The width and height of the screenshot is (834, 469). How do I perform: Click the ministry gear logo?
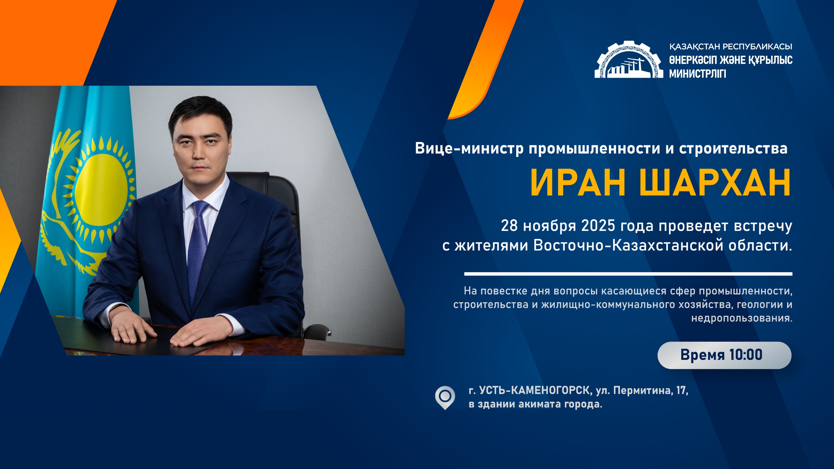point(628,60)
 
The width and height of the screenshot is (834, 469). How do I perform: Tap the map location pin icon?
point(445,397)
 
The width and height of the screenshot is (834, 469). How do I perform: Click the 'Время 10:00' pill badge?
point(724,355)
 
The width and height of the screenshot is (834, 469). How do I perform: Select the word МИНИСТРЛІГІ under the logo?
point(697,74)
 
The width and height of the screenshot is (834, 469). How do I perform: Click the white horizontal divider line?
point(628,274)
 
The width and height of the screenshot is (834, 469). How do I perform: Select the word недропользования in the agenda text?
point(741,318)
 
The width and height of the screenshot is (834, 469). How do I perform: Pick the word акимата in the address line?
point(544,405)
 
